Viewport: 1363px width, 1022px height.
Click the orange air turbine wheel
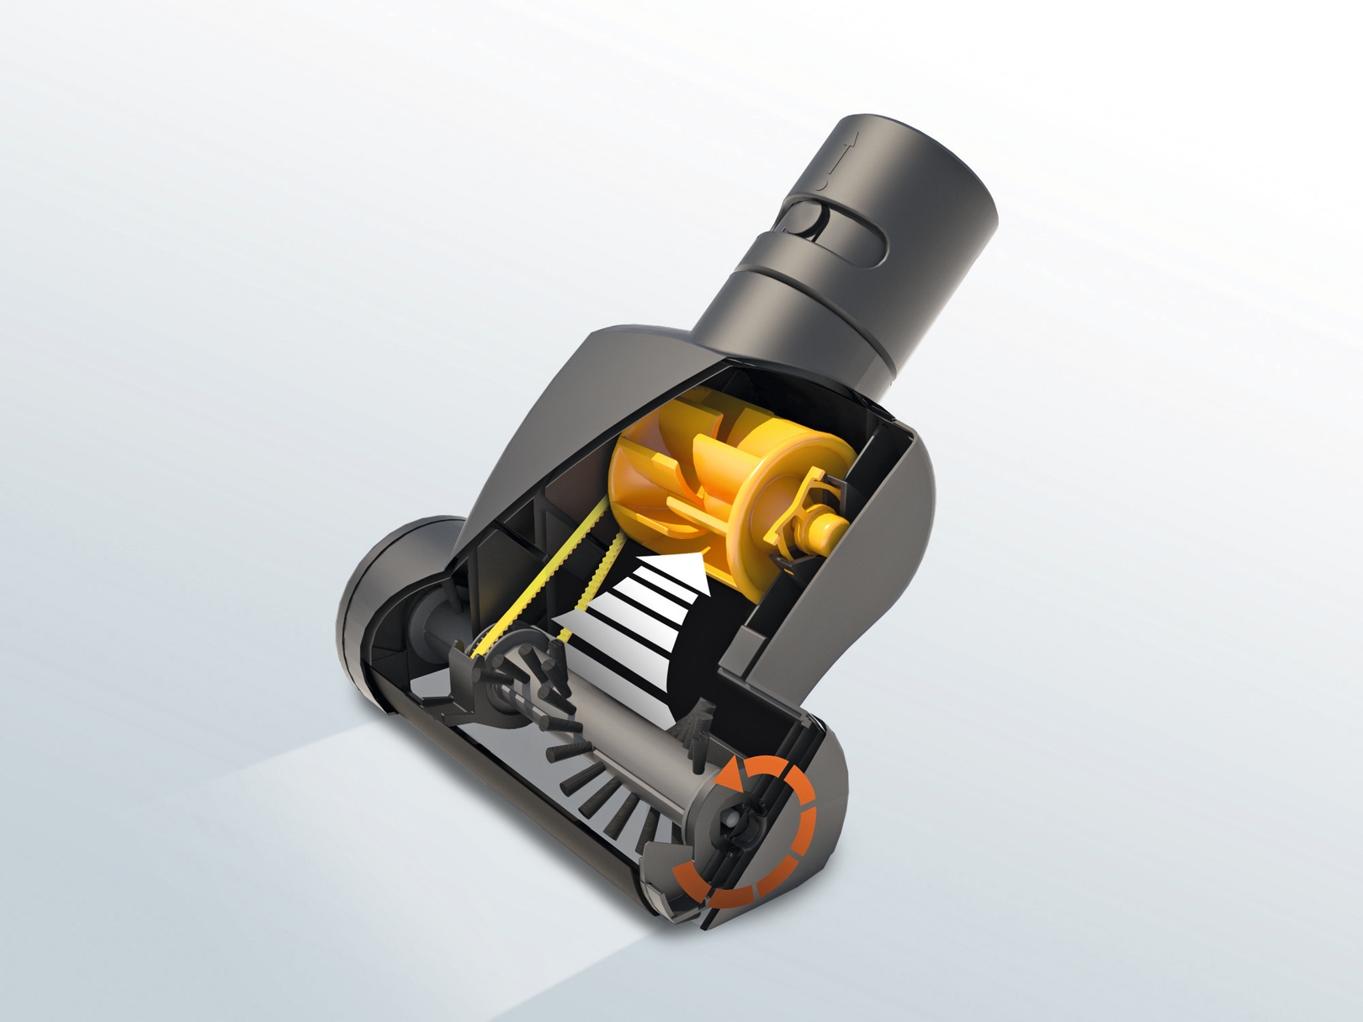point(665,496)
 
